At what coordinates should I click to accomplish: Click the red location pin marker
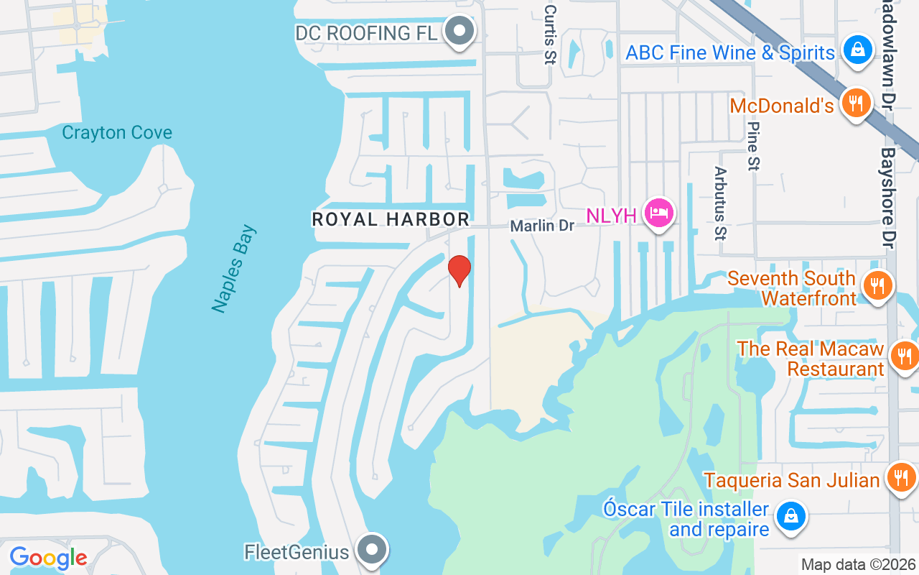[459, 270]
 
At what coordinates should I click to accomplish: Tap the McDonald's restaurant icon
[855, 103]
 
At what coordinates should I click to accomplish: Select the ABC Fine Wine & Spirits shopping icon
[857, 50]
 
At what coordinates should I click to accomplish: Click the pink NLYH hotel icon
[658, 212]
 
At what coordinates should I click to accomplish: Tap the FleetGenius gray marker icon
[372, 550]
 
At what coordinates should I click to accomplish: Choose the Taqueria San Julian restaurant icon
[900, 477]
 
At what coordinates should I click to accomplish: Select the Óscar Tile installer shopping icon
[790, 516]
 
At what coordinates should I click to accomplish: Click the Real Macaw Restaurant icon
[902, 355]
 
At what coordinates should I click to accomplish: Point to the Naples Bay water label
[234, 269]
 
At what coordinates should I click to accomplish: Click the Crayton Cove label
[117, 133]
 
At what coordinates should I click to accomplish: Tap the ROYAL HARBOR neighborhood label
[391, 219]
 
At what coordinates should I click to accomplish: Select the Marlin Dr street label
[542, 226]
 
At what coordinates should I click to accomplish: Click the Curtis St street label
[550, 34]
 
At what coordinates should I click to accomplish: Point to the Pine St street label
[752, 146]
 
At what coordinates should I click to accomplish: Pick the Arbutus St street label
[720, 203]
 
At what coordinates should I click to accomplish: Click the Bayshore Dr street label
[888, 198]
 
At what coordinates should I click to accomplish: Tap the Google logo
[48, 558]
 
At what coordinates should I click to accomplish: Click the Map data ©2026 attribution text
[859, 564]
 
